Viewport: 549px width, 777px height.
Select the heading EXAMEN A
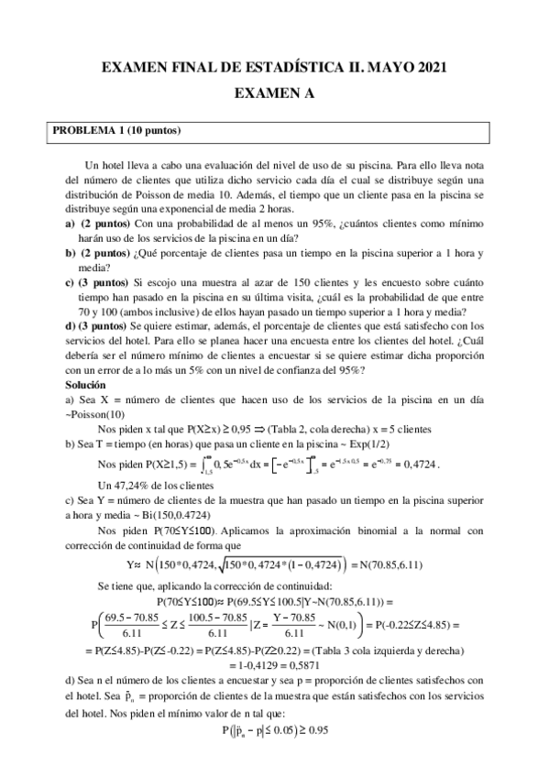click(x=274, y=93)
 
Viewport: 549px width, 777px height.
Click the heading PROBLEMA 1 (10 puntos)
click(x=117, y=130)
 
